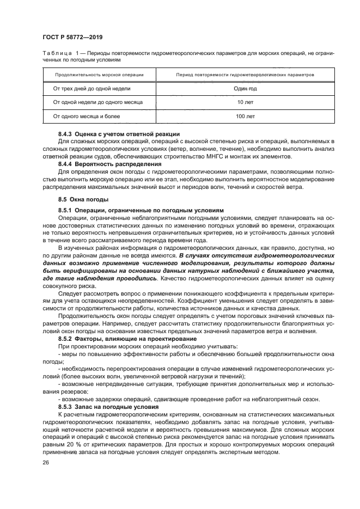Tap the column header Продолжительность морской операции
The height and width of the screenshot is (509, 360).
point(99,73)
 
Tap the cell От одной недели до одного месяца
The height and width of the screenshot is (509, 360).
point(97,102)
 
